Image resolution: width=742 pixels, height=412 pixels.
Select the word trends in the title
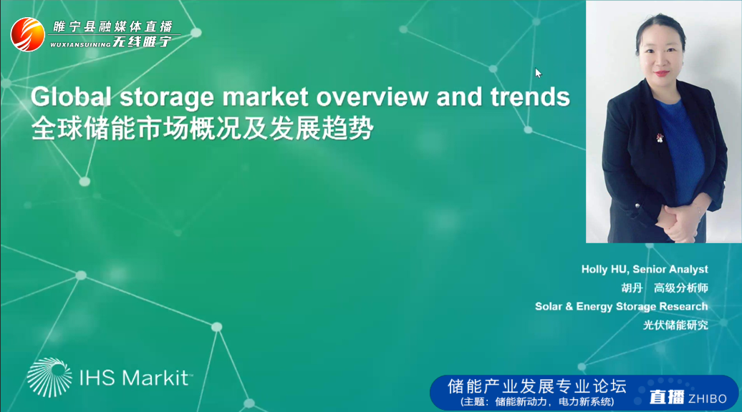[x=530, y=97]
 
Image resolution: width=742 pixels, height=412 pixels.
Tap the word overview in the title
[x=372, y=97]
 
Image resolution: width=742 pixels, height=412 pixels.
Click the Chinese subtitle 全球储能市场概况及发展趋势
[x=203, y=129]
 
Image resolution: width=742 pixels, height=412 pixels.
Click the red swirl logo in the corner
[x=27, y=34]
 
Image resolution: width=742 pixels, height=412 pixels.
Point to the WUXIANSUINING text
[x=80, y=44]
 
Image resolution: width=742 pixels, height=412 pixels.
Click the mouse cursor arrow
[x=538, y=73]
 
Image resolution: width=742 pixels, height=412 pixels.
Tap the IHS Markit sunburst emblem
[x=49, y=377]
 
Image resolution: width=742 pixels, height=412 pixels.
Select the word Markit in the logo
[x=155, y=378]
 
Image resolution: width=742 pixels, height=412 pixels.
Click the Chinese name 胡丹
[x=632, y=288]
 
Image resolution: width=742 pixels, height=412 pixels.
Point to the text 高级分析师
[x=681, y=288]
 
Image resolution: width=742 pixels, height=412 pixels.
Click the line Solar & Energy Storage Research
[x=622, y=307]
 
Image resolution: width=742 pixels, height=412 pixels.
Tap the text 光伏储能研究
[x=676, y=325]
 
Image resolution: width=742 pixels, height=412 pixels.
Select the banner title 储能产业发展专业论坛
[x=537, y=386]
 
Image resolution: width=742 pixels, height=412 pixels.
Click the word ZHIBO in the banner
[x=708, y=399]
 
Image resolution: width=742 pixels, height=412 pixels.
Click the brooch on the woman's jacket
[x=659, y=137]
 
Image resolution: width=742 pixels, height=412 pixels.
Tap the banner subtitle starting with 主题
[x=537, y=402]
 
